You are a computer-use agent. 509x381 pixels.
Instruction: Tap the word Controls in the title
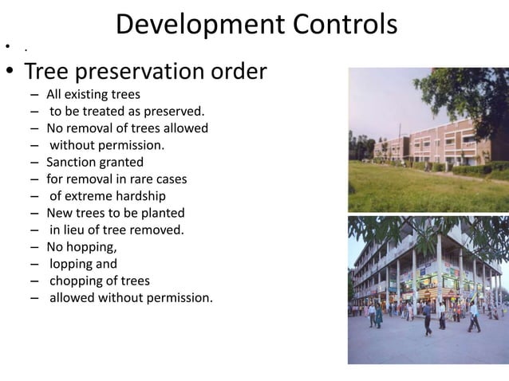(342, 25)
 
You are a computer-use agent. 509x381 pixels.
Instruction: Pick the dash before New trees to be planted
(34, 213)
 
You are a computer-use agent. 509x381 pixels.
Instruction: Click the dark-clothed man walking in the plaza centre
(426, 318)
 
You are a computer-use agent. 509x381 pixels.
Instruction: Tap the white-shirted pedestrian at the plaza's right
(473, 316)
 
